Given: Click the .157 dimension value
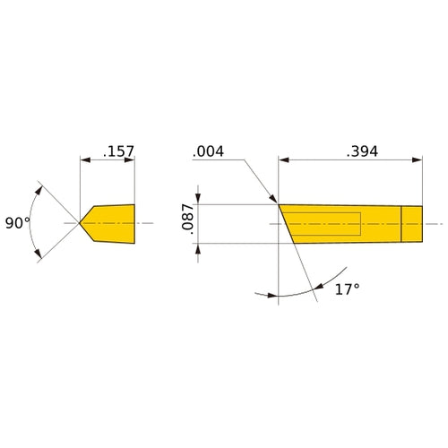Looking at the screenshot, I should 118,151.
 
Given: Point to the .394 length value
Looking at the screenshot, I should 361,151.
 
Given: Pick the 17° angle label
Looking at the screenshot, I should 347,289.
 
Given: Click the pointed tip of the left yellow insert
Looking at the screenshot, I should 81,221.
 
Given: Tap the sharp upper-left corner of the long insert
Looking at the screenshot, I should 280,203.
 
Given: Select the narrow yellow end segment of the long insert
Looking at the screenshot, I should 411,223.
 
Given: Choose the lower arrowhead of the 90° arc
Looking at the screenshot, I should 39,257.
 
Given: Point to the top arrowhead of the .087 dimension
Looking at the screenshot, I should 198,198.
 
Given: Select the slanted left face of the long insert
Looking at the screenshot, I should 286,223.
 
